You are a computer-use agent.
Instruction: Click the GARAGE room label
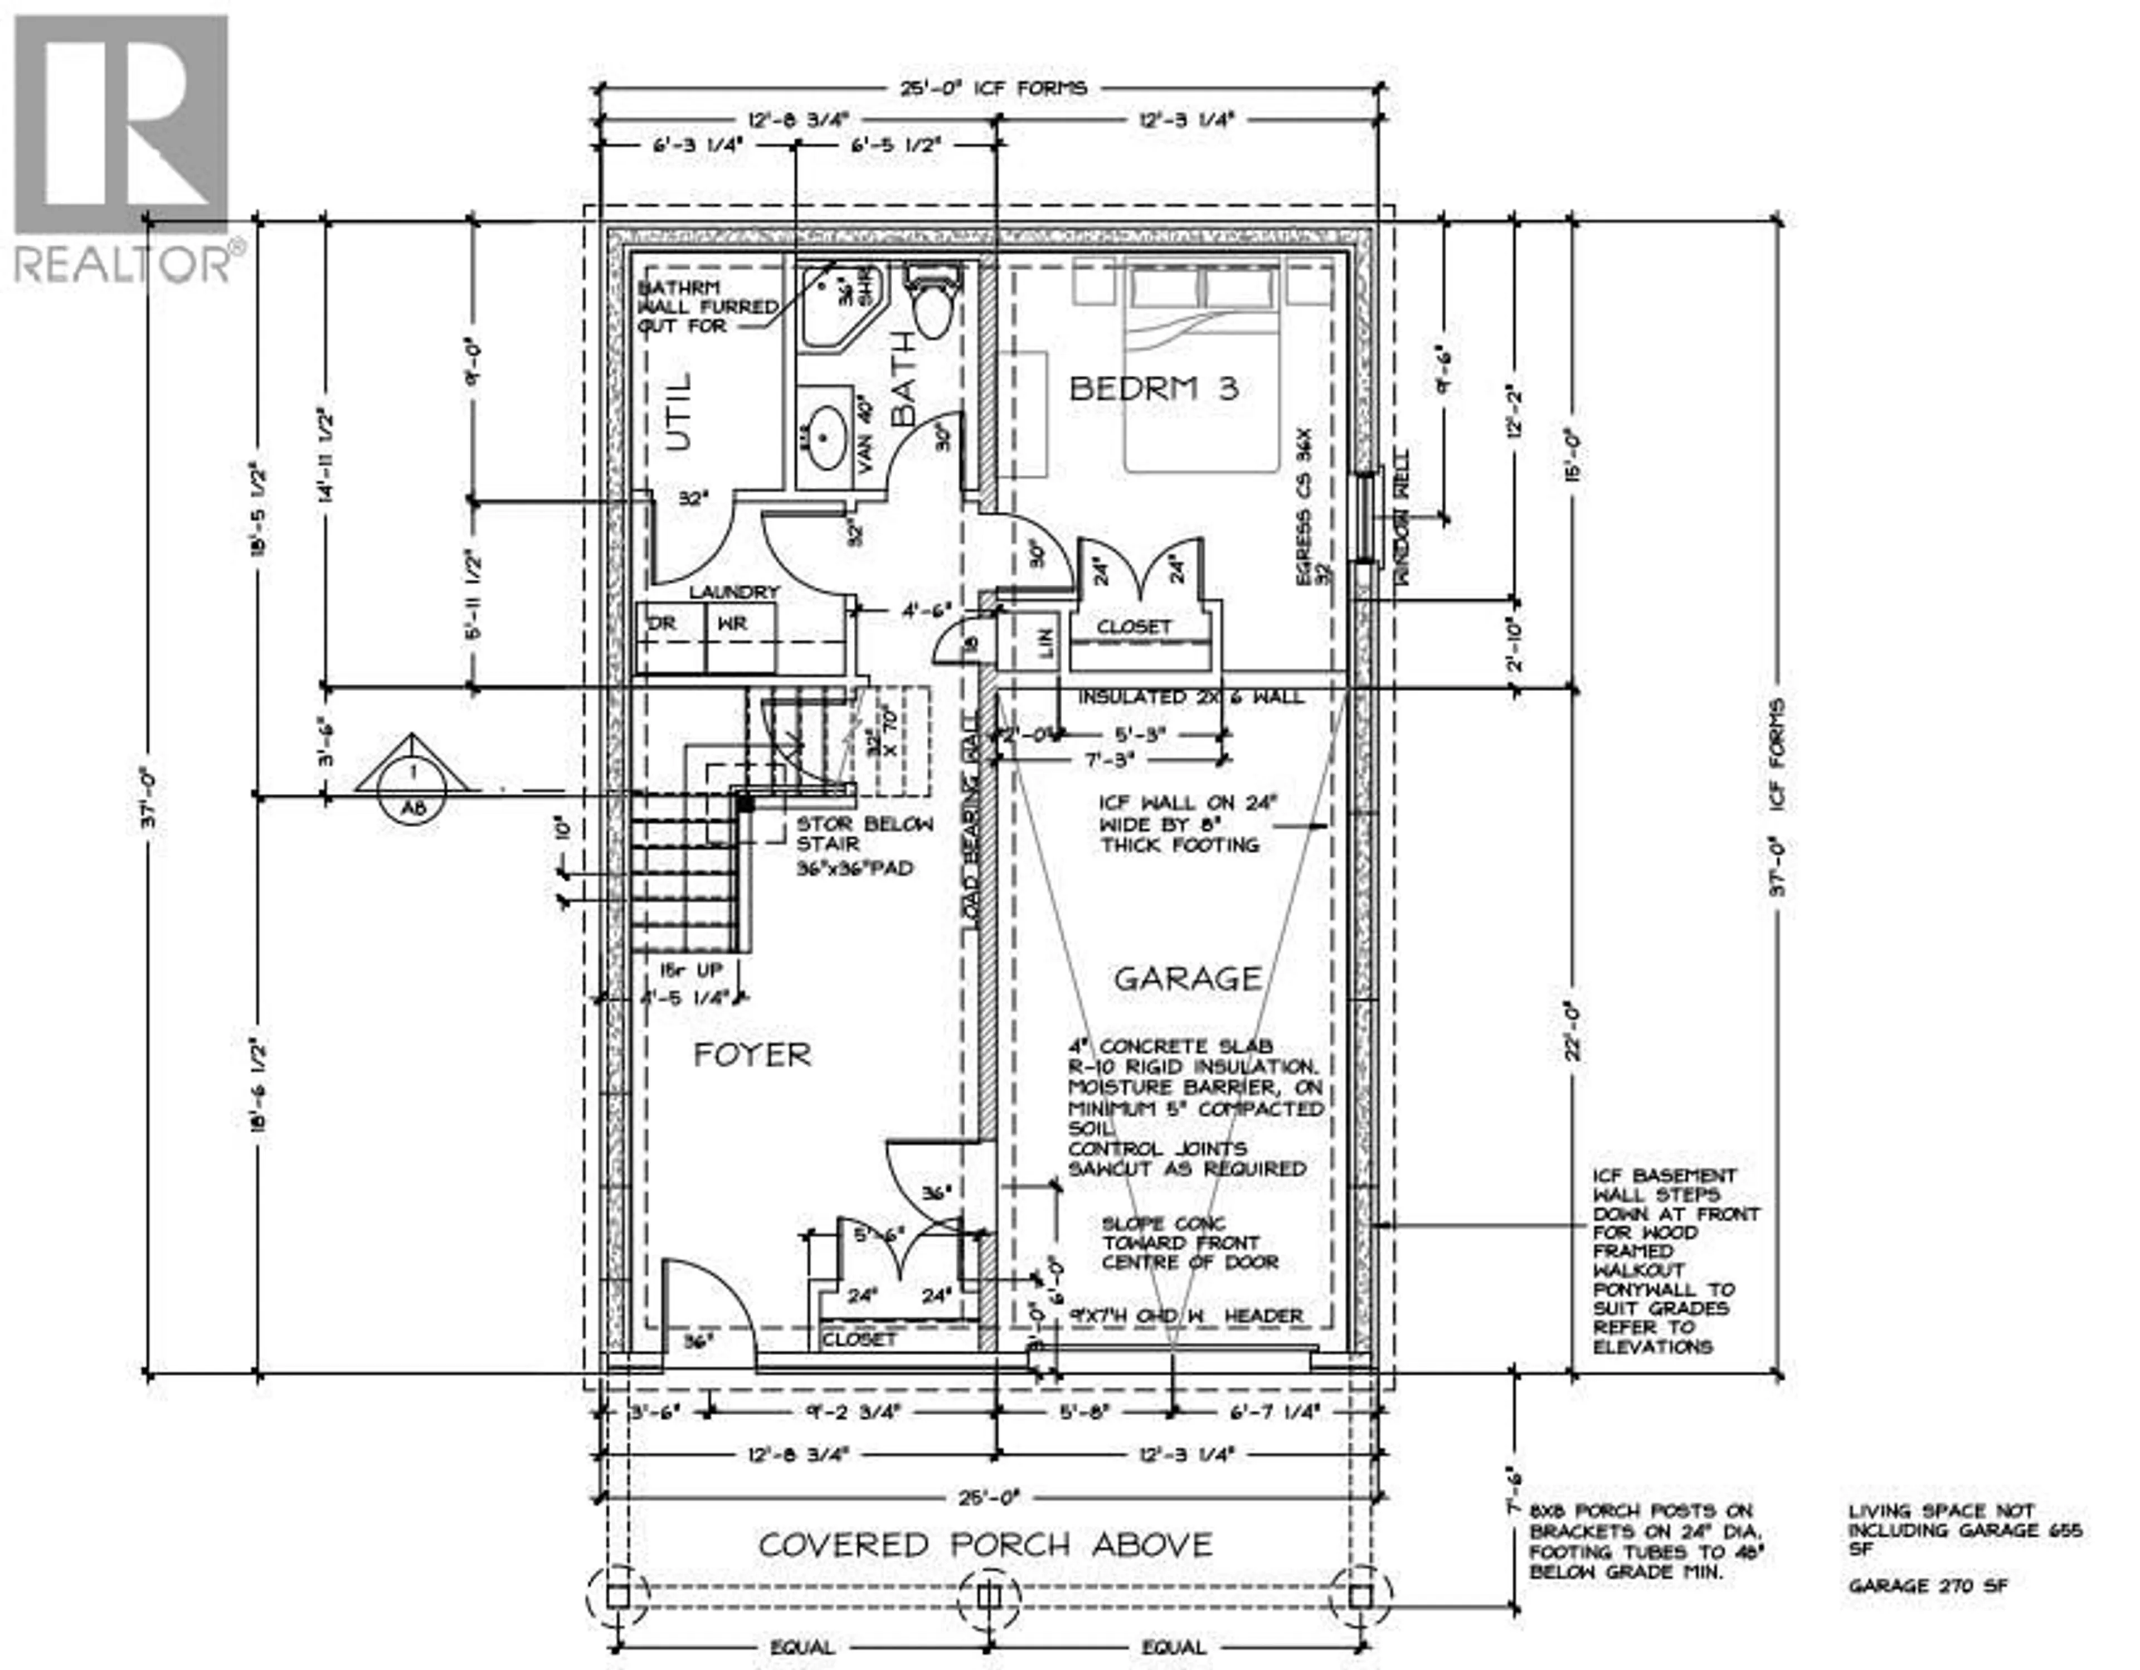tap(1188, 978)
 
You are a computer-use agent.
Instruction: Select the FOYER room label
tap(752, 1056)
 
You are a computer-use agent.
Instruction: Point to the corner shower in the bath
tap(840, 306)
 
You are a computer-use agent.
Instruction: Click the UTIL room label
tap(679, 411)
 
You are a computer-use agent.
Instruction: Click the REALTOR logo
tap(123, 147)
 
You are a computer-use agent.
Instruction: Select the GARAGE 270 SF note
tap(1927, 1586)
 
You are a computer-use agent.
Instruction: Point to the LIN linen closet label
tap(1044, 644)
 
